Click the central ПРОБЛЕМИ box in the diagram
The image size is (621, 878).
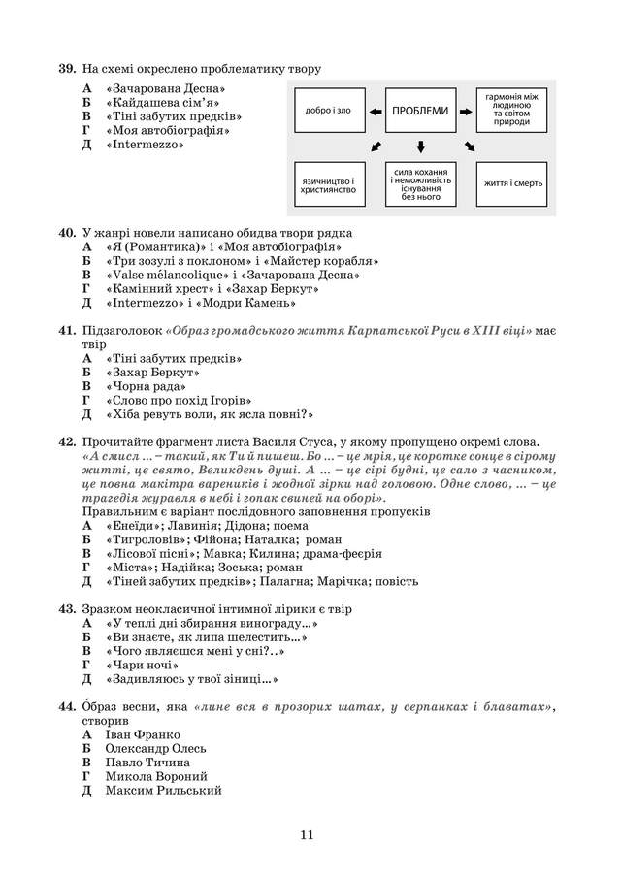(420, 111)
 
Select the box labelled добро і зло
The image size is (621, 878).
(327, 111)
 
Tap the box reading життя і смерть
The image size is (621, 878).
(514, 183)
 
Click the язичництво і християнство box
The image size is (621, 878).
(327, 183)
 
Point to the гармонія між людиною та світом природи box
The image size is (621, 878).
(514, 111)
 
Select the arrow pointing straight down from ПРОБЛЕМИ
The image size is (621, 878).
(420, 146)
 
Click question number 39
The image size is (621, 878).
(66, 69)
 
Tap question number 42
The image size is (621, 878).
(66, 442)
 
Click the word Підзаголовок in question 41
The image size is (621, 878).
(121, 331)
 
